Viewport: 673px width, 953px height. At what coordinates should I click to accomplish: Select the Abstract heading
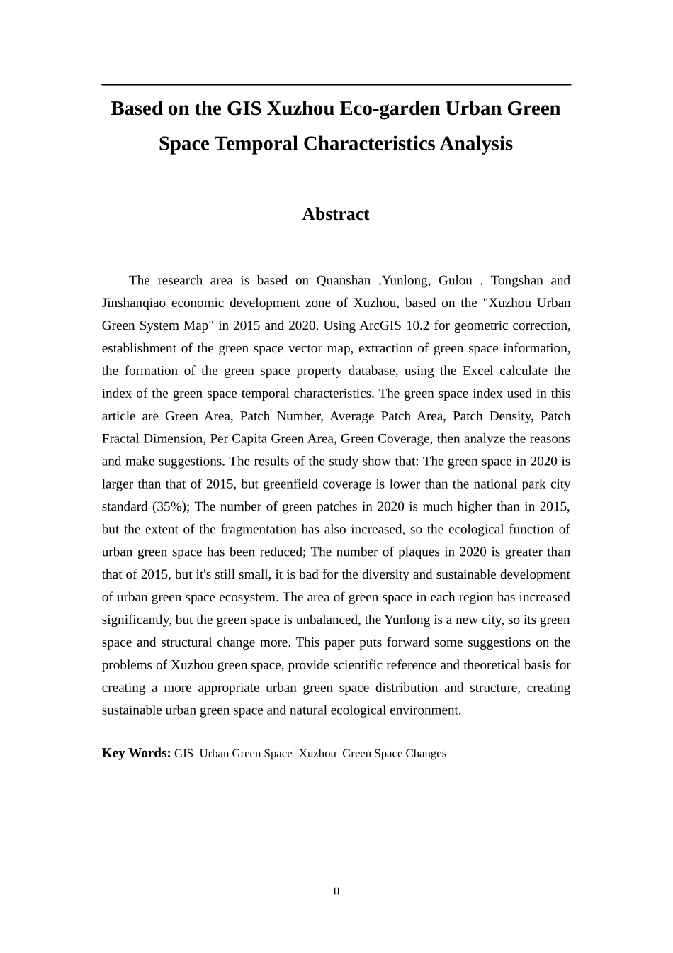pos(336,214)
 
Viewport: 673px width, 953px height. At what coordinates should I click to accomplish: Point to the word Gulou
pos(455,280)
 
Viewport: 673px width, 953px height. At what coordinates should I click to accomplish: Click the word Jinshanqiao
pos(134,303)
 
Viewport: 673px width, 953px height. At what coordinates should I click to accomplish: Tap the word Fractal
pos(120,439)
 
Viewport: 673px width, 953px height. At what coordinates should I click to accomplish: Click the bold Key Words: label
pos(136,753)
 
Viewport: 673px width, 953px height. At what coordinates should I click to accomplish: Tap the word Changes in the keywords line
pos(426,754)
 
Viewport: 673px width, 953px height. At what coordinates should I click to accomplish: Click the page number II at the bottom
pos(336,891)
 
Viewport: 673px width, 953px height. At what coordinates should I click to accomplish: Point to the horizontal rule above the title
pos(336,85)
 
